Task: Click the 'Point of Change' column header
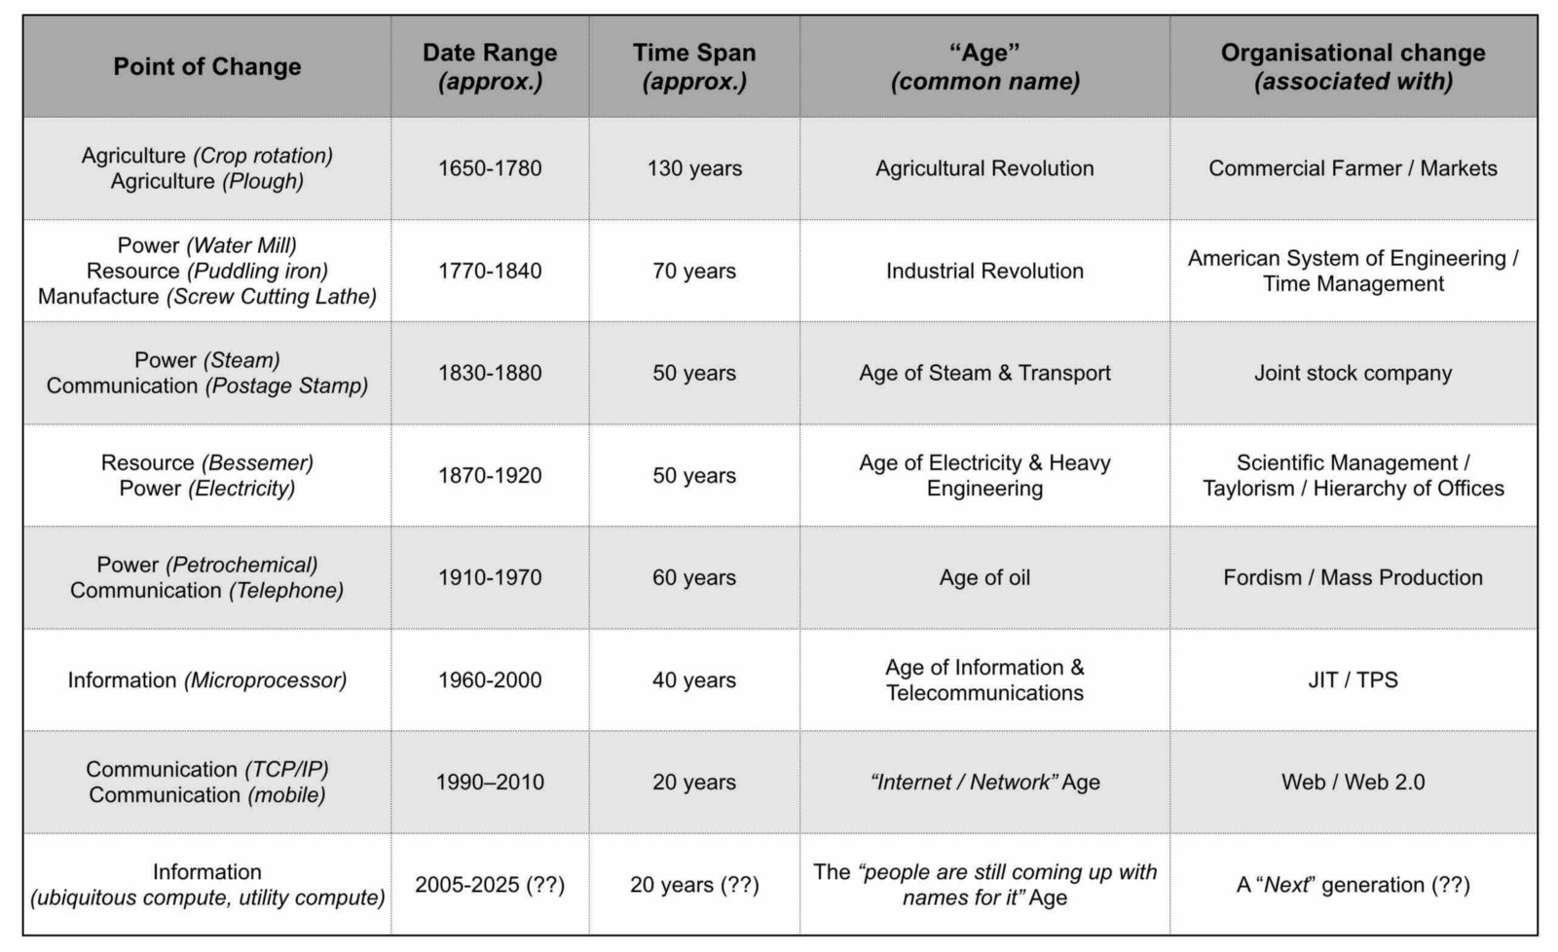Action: [x=207, y=67]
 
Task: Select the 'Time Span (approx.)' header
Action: [x=694, y=67]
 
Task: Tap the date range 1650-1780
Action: [x=490, y=168]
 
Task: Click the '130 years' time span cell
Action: [x=694, y=168]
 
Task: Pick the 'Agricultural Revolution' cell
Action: [x=984, y=168]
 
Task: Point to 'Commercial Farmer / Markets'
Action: [x=1353, y=168]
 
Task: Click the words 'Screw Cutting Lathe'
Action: [x=272, y=297]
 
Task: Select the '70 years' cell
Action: [x=694, y=271]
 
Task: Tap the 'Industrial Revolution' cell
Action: [x=984, y=271]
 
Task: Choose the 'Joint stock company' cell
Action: [x=1353, y=373]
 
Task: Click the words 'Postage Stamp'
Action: [x=286, y=385]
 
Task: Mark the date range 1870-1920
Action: [x=490, y=475]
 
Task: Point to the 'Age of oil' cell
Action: [x=984, y=577]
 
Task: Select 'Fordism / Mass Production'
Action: [x=1353, y=577]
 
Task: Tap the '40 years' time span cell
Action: [x=694, y=679]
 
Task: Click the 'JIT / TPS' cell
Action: [x=1353, y=679]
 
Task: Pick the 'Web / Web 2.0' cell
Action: [x=1353, y=782]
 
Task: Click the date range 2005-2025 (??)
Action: [x=490, y=885]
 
